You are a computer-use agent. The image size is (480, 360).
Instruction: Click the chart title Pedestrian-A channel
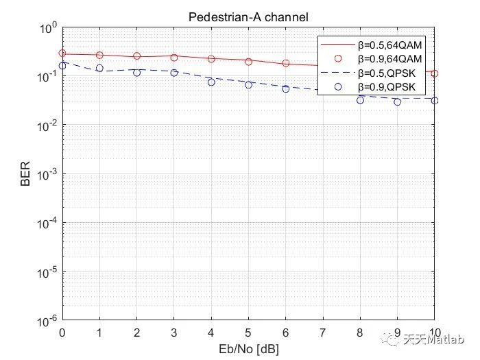pos(248,17)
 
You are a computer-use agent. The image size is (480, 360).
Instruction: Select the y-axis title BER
pos(25,174)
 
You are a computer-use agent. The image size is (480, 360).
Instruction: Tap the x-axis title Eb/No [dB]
pos(248,349)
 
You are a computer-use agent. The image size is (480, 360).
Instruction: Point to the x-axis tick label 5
pos(248,334)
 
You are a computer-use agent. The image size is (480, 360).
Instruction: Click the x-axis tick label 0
pos(62,334)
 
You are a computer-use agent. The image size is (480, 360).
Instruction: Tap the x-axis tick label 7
pos(323,334)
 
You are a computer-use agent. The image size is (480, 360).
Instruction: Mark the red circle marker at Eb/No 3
pos(174,58)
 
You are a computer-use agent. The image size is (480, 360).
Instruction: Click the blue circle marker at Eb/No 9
pos(398,101)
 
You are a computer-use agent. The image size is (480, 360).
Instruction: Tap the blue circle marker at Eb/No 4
pos(211,82)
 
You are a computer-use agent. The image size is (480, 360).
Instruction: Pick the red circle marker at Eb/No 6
pos(286,63)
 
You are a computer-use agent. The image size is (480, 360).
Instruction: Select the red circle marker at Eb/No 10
pos(435,73)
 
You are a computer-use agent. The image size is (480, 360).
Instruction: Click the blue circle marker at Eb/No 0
pos(62,65)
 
